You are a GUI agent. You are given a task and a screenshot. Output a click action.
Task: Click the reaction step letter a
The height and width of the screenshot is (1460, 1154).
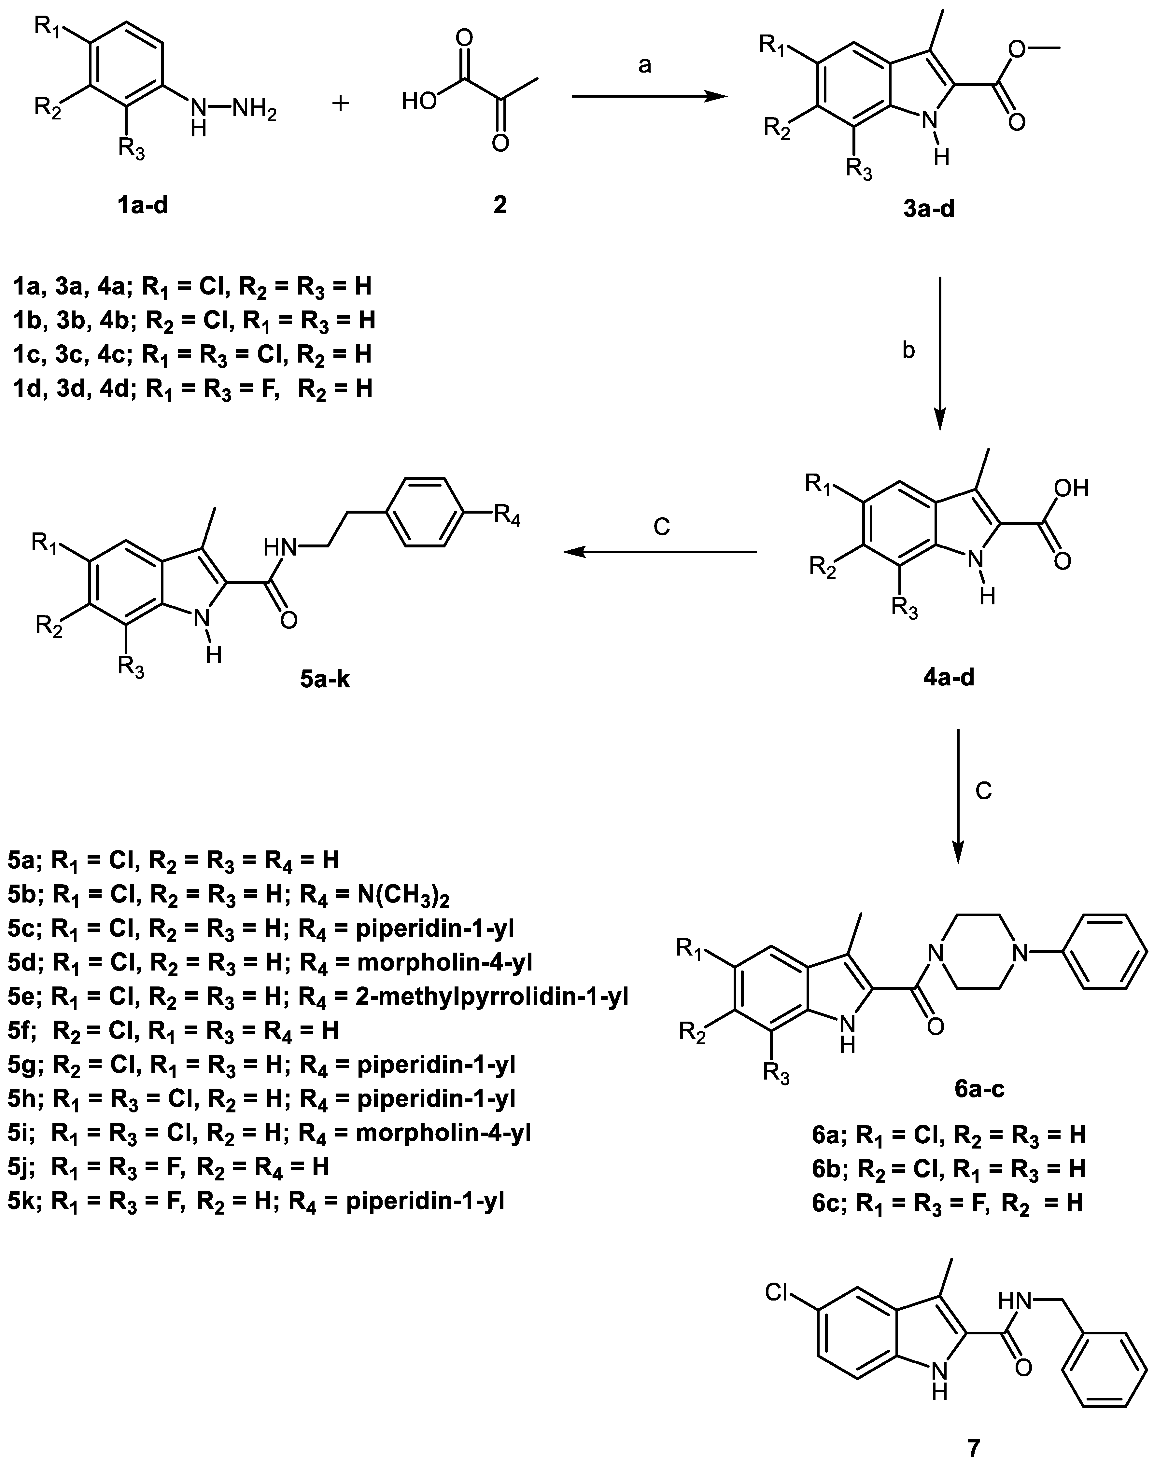coord(645,65)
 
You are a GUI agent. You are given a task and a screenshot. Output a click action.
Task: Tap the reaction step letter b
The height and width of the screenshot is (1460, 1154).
coord(909,351)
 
